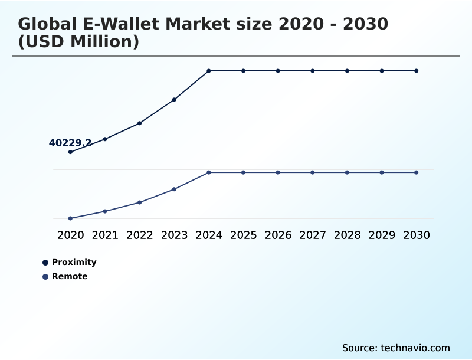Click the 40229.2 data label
[x=70, y=143]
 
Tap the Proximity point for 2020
[x=70, y=152]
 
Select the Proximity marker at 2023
[x=174, y=100]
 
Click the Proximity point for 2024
[x=209, y=71]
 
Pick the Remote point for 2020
[x=70, y=218]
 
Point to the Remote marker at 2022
[x=140, y=202]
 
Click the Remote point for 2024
[x=209, y=172]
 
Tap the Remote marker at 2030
[x=417, y=172]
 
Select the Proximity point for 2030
[x=417, y=71]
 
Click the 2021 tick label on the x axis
[x=105, y=235]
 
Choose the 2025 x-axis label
[x=243, y=235]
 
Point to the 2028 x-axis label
[x=347, y=235]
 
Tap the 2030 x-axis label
[x=417, y=235]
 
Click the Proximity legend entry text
[x=74, y=262]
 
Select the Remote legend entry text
[x=70, y=276]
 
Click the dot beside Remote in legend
[x=45, y=277]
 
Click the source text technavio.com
[x=396, y=348]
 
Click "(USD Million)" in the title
[x=78, y=42]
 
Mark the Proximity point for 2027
[x=313, y=71]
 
